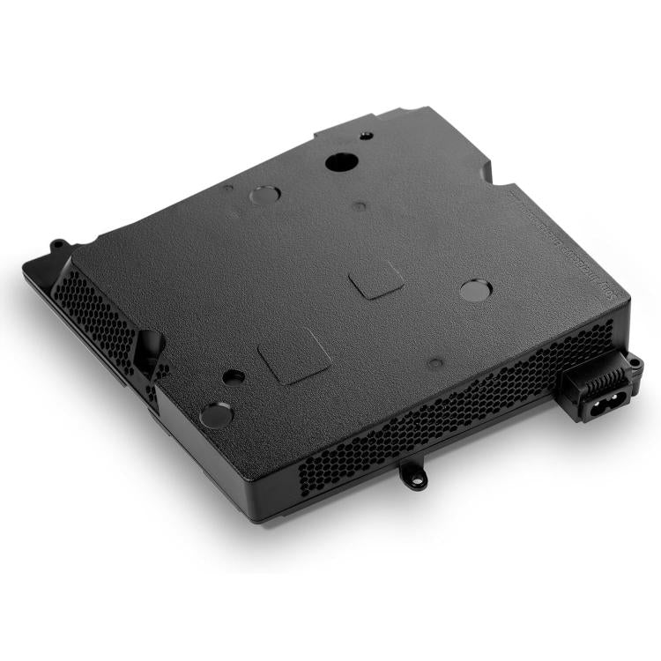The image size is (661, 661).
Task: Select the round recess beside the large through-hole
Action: click(262, 195)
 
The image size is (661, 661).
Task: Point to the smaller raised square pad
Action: click(376, 281)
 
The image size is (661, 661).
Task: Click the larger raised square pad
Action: click(294, 355)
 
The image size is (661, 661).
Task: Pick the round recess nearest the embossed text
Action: click(476, 289)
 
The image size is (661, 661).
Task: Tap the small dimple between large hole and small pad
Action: click(360, 206)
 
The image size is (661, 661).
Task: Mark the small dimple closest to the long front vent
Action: click(435, 361)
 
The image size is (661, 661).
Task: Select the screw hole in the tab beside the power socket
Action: click(632, 361)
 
